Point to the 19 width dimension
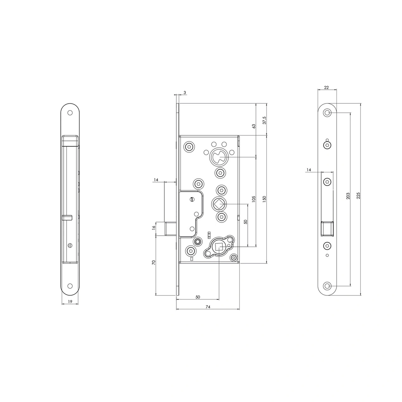[x=70, y=301]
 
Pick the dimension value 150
[x=264, y=198]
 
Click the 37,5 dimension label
[x=264, y=120]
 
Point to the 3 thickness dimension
[x=185, y=92]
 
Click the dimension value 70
[x=154, y=263]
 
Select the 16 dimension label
[x=154, y=227]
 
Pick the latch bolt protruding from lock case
[x=170, y=228]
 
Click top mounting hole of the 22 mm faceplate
[x=327, y=113]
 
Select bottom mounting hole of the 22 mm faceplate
[x=327, y=286]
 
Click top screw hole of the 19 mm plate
[x=70, y=113]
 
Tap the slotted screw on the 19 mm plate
[x=70, y=245]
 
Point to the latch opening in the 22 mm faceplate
[x=327, y=228]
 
